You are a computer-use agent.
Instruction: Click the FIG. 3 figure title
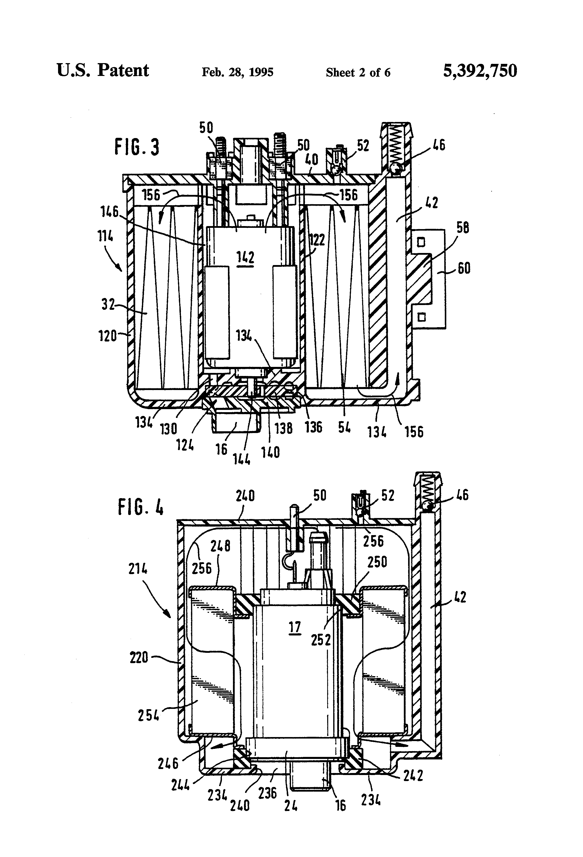137,147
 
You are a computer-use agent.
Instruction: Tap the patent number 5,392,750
479,70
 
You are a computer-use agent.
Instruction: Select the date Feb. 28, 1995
237,72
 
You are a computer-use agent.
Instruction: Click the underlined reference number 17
295,626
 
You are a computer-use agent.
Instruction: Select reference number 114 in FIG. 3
105,236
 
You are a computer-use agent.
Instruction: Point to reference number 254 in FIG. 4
149,715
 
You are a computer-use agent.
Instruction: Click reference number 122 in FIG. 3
317,240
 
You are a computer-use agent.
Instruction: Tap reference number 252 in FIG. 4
321,640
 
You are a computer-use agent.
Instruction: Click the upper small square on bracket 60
421,242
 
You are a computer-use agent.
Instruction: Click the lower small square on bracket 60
421,317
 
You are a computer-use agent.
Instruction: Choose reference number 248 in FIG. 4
220,546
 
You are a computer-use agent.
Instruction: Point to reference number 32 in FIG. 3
108,305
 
